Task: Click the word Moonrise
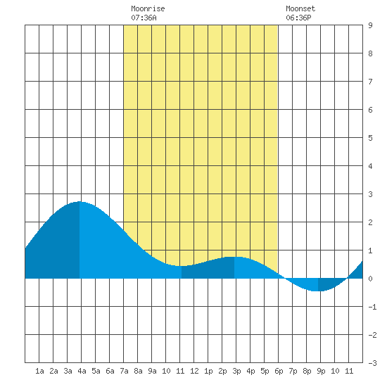click(x=148, y=8)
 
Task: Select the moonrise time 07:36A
click(x=144, y=18)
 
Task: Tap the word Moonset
click(x=300, y=8)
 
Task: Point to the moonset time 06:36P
click(x=298, y=18)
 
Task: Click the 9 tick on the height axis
click(x=370, y=25)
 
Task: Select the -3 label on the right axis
click(x=372, y=363)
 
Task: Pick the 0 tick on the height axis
click(x=370, y=279)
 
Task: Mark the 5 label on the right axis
click(x=370, y=138)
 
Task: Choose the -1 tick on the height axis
click(x=372, y=307)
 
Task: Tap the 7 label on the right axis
click(x=370, y=82)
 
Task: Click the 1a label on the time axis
click(x=39, y=371)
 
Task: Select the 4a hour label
click(x=82, y=371)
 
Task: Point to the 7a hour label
click(x=124, y=371)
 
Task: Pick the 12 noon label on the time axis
click(x=194, y=371)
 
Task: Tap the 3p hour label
click(x=236, y=371)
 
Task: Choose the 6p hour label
click(x=279, y=371)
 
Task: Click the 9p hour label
click(x=321, y=371)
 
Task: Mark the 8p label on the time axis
click(x=307, y=371)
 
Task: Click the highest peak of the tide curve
click(x=80, y=202)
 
